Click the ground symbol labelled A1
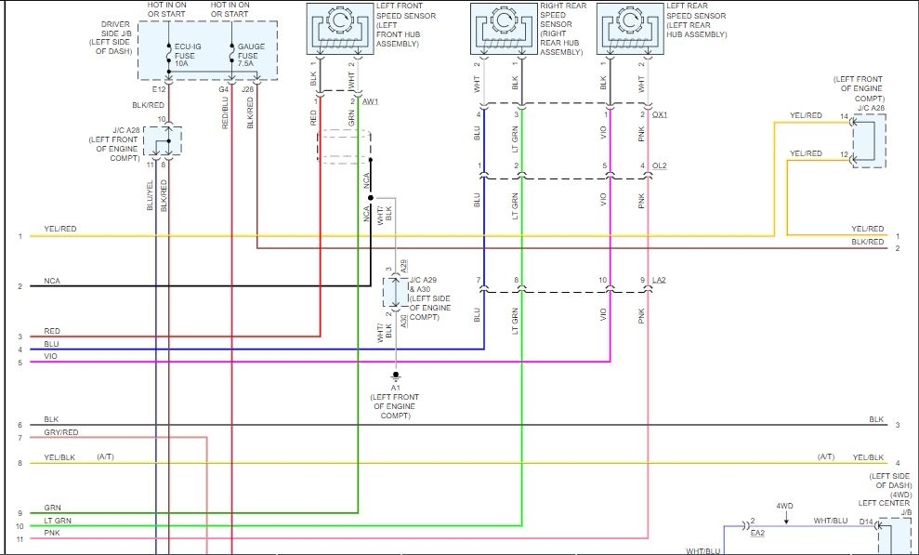[x=395, y=378]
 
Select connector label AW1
[x=371, y=101]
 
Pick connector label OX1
[x=660, y=114]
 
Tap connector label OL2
[x=660, y=166]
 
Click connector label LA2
[x=660, y=280]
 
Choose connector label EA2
[x=757, y=534]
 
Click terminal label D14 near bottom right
[x=866, y=522]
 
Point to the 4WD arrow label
[x=784, y=506]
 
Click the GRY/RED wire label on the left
[x=60, y=432]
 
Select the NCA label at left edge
[x=52, y=281]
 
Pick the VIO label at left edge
[x=51, y=357]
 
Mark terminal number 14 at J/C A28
[x=844, y=117]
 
